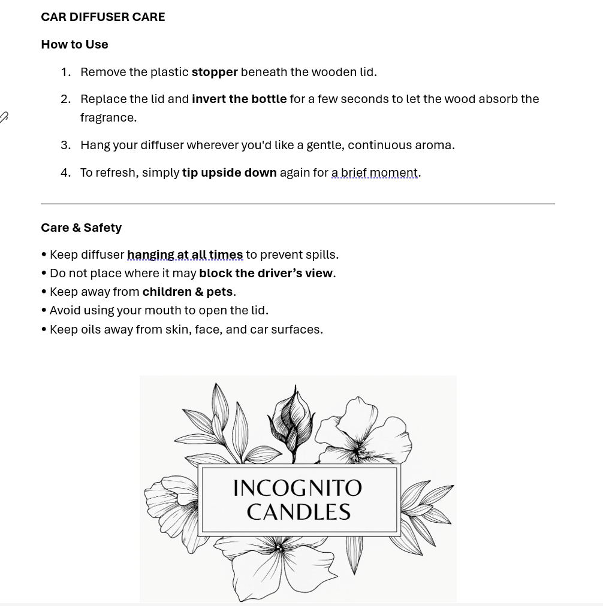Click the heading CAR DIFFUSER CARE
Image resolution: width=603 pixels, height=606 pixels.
[x=103, y=17]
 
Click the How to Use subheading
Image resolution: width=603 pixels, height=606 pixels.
[x=74, y=44]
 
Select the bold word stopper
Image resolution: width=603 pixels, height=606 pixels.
[x=215, y=72]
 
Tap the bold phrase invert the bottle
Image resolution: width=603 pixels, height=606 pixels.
[x=239, y=99]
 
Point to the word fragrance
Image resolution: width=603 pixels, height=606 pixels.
[x=108, y=117]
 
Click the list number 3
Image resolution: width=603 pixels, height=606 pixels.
[x=65, y=145]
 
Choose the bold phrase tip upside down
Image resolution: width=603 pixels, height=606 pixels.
[x=229, y=172]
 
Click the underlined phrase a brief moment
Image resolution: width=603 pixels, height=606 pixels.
[x=375, y=172]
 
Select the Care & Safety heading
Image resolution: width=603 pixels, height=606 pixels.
[x=81, y=228]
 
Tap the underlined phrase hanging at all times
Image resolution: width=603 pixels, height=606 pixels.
[x=185, y=254]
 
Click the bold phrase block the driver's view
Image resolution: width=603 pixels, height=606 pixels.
[x=266, y=273]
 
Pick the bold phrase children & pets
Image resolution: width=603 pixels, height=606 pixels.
[x=187, y=292]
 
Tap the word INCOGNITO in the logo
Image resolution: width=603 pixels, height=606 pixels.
[x=297, y=488]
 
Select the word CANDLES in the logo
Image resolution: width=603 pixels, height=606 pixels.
[x=299, y=512]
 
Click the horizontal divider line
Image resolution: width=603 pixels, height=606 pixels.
[x=297, y=204]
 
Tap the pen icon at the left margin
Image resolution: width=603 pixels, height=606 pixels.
[x=4, y=117]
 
